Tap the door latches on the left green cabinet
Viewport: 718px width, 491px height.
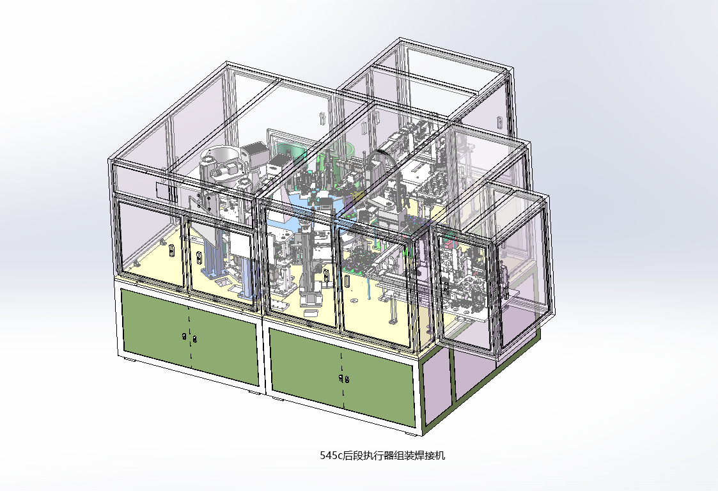(189, 338)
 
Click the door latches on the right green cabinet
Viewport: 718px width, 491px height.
(344, 378)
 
